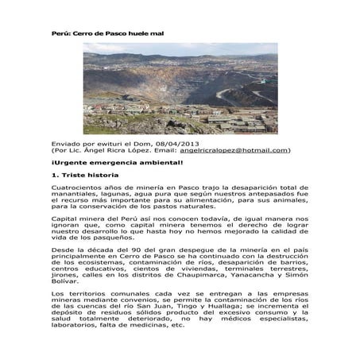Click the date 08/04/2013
(188, 141)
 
